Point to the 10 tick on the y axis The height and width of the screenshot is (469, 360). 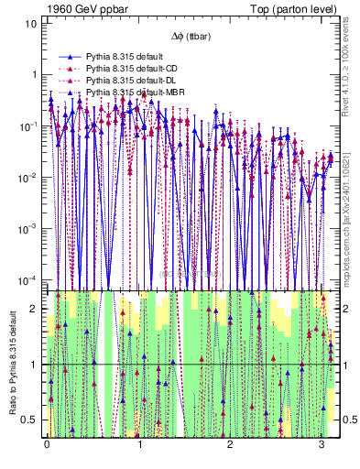30,23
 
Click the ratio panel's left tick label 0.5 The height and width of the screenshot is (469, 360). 29,420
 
